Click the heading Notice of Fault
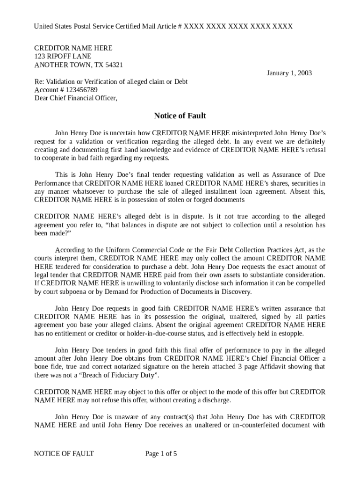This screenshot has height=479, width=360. pos(180,116)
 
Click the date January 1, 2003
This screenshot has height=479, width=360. pos(289,73)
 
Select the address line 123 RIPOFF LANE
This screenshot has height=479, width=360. pos(63,56)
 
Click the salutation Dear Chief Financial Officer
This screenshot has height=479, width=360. pos(76,98)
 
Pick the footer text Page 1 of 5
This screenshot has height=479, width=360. pos(161,453)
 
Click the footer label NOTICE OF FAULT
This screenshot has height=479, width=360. pos(64,453)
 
